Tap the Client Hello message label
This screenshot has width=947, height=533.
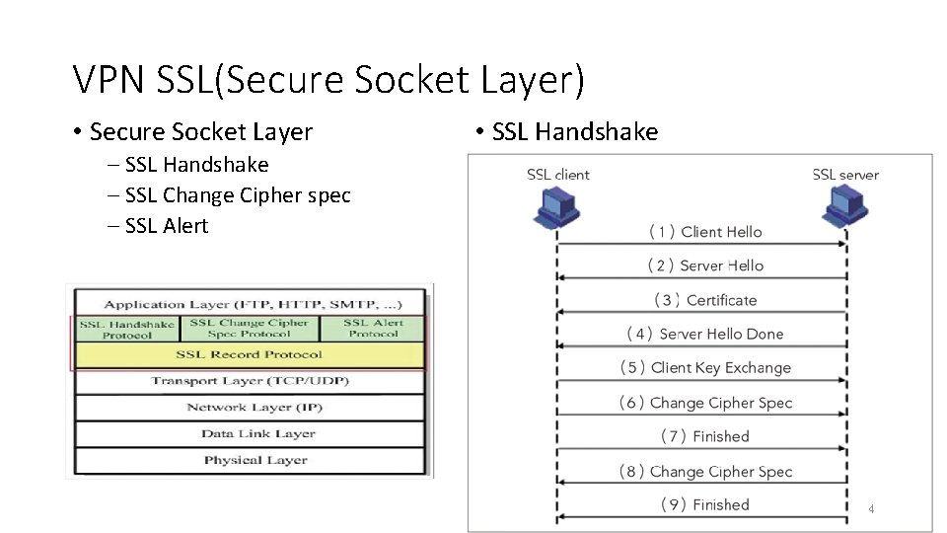[705, 232]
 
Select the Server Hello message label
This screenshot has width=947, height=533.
[705, 266]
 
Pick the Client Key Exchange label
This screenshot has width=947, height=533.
[705, 368]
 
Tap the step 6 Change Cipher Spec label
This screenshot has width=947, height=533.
[705, 403]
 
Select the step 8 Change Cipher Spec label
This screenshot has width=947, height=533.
[705, 472]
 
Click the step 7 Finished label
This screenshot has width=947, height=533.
[705, 436]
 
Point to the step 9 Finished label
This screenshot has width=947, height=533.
[705, 505]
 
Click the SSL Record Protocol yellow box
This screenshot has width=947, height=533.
[250, 355]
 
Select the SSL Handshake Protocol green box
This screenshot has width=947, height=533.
[127, 329]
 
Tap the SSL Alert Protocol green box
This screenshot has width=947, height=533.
[374, 329]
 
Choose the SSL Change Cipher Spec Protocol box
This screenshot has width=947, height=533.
[250, 329]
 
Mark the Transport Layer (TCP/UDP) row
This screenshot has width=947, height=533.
[250, 381]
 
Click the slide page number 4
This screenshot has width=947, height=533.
[872, 509]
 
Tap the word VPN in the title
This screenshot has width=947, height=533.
[109, 80]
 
